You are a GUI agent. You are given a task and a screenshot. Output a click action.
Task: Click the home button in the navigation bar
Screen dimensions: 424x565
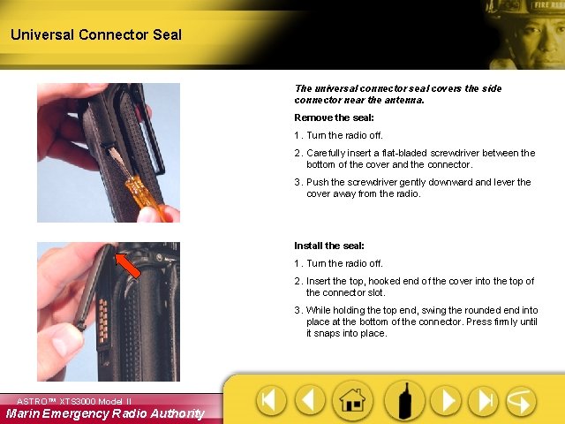(353, 401)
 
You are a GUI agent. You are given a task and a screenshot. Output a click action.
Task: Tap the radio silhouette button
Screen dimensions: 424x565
(405, 401)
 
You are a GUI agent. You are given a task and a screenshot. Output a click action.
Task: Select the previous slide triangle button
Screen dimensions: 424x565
(310, 401)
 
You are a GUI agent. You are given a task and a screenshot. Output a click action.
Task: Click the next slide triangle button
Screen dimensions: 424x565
(448, 401)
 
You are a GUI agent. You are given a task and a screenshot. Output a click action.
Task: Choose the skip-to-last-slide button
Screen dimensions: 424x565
(483, 401)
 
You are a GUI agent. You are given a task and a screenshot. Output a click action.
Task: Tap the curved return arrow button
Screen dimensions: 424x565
(521, 401)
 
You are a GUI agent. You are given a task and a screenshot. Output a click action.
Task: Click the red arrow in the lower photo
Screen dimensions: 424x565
(128, 265)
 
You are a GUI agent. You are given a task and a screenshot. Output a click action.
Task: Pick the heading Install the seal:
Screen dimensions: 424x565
(328, 246)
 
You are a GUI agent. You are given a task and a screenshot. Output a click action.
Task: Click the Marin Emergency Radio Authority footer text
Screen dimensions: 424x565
(104, 413)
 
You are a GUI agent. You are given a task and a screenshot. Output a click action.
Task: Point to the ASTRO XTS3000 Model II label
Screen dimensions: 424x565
(74, 401)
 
